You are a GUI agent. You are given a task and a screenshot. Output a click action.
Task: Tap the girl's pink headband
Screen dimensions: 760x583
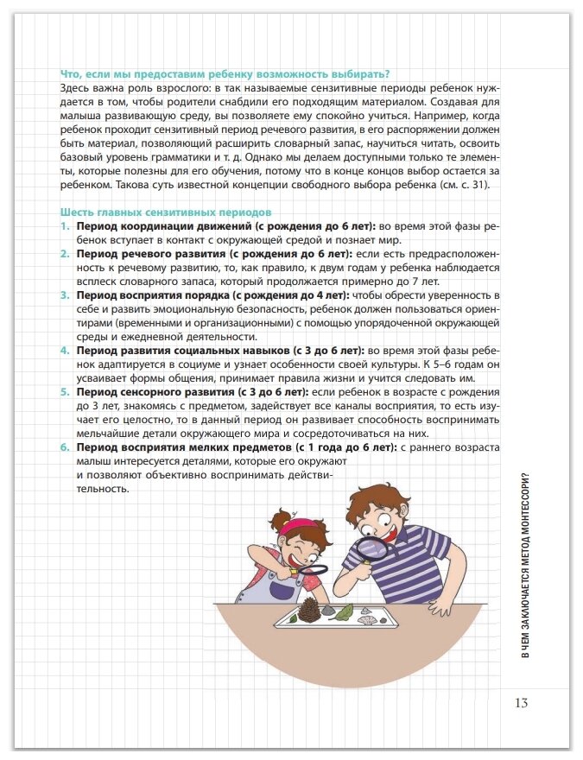pos(296,523)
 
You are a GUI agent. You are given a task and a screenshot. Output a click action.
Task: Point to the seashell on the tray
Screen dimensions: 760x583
pos(367,615)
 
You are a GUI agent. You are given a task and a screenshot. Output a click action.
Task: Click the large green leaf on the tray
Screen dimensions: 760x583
pos(344,611)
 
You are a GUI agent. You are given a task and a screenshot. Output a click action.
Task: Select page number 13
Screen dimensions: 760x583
pos(520,702)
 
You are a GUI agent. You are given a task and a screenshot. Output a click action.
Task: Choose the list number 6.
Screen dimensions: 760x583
pos(65,447)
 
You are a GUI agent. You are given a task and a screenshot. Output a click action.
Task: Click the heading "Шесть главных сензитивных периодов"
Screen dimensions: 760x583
pos(166,212)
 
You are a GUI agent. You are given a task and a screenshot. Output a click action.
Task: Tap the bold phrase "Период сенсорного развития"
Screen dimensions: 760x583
pos(155,392)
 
